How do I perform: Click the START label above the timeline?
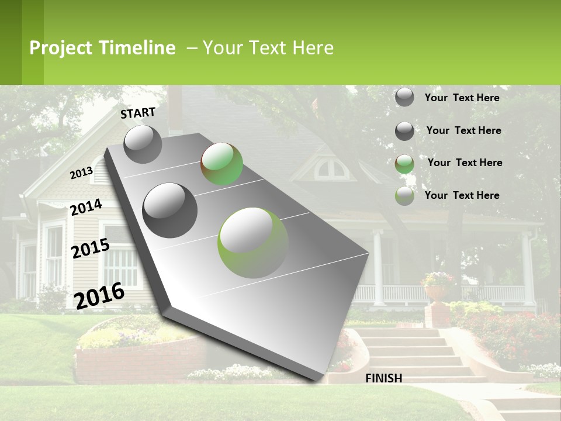[x=138, y=113]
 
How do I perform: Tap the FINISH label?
[x=383, y=378]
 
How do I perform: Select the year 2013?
[x=81, y=173]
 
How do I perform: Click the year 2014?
[x=86, y=208]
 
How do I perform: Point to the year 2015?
[x=90, y=249]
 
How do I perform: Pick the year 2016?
[x=99, y=296]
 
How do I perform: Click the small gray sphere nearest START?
[x=143, y=144]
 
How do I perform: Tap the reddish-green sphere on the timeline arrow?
[x=221, y=164]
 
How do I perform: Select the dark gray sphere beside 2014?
[x=170, y=210]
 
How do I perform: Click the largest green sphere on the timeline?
[x=253, y=243]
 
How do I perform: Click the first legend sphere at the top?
[x=404, y=97]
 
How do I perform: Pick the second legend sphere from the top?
[x=404, y=131]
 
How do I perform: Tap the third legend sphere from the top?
[x=404, y=164]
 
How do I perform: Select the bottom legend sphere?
[x=404, y=196]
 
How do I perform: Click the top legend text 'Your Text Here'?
[x=462, y=98]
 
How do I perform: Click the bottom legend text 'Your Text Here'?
[x=462, y=195]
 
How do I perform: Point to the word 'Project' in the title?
[x=61, y=48]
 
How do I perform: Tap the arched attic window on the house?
[x=331, y=170]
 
